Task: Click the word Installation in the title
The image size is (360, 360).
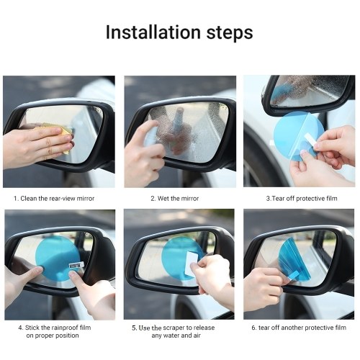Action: coord(153,32)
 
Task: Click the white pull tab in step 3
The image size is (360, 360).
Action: coord(312,142)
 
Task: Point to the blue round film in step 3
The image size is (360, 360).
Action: coord(298,136)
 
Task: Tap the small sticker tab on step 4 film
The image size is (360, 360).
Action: coord(76,265)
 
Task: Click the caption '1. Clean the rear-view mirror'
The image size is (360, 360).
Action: coord(54,199)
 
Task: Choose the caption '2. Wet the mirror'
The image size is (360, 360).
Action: coord(175,199)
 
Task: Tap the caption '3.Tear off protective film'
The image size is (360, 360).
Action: coord(302,199)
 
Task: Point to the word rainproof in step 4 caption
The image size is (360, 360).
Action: coord(64,328)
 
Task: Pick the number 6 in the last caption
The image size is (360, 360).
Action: coord(253,328)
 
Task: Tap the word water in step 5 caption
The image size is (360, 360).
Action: coord(175,336)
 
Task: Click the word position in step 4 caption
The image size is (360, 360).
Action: coord(68,336)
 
